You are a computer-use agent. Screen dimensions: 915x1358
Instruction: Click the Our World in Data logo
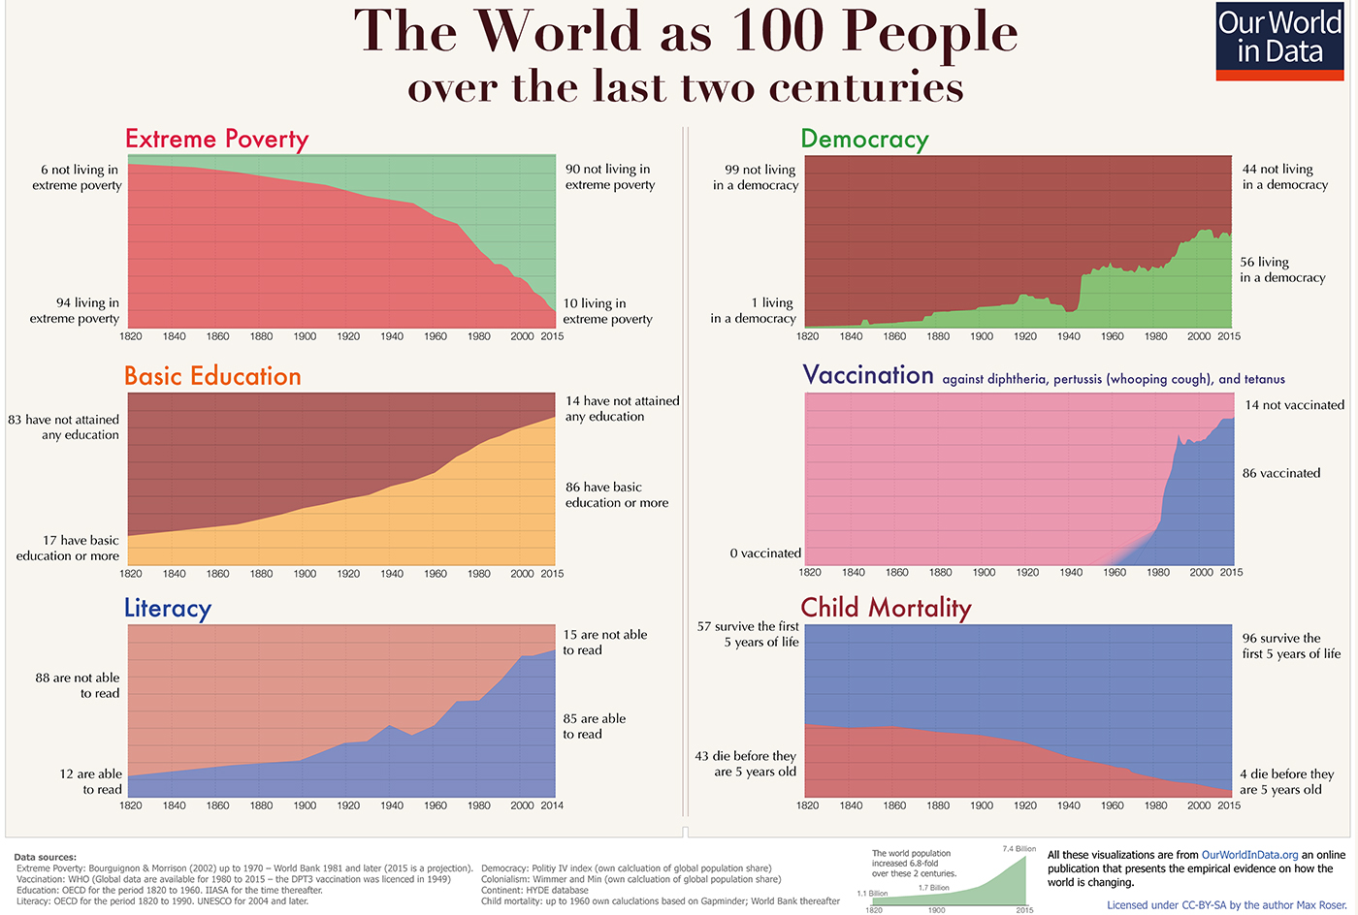[1279, 41]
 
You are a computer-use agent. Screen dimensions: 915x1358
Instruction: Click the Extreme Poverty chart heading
[216, 139]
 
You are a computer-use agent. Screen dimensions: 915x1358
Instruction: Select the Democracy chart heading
[864, 140]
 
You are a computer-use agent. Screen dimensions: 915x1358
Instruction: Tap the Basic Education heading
[212, 376]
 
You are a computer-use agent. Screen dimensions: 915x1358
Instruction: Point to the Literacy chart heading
[168, 608]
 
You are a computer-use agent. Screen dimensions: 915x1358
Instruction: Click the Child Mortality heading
[886, 608]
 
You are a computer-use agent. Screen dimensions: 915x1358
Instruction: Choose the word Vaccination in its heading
[868, 375]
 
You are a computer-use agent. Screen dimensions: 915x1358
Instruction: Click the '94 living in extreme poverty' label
[75, 310]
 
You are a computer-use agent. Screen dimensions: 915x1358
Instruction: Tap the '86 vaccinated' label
[1281, 473]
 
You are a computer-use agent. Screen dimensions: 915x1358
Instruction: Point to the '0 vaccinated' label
[765, 553]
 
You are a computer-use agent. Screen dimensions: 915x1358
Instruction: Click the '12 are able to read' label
[90, 781]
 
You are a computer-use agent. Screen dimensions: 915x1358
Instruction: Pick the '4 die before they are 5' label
[1286, 781]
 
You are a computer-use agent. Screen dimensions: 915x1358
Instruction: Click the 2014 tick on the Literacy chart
[552, 805]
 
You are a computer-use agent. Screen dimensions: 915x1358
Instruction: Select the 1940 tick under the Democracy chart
[1069, 336]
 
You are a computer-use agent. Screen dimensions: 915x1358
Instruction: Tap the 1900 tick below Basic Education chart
[305, 574]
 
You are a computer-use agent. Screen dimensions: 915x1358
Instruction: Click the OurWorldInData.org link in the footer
[1249, 855]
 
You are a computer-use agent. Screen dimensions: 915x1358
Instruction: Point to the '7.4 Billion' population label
[1018, 849]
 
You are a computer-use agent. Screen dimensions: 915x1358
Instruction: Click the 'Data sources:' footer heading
[45, 857]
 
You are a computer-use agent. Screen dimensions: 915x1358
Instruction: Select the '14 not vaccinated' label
[1294, 405]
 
